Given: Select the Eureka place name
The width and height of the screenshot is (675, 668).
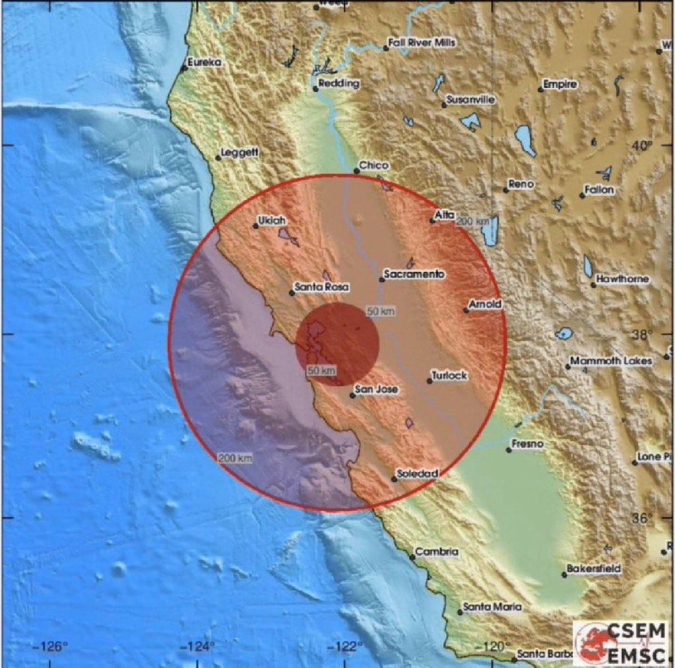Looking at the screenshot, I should pos(204,62).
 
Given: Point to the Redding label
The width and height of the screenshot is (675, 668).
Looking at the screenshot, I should pos(339,83).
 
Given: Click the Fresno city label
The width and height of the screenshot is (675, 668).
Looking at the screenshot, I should pos(528,444).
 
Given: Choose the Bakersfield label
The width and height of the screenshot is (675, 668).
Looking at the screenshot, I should pos(593,568).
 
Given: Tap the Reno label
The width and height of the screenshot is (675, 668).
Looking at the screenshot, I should pos(520,184).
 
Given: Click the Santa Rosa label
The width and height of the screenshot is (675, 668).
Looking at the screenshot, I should pos(322,287).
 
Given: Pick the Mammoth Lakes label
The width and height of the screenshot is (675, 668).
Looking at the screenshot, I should pos(611,361).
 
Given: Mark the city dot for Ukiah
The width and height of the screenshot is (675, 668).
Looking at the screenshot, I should pos(255,226).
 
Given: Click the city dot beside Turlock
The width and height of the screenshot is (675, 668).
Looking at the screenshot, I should pos(430,381).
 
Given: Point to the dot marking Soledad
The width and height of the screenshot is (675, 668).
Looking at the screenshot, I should pos(394,479).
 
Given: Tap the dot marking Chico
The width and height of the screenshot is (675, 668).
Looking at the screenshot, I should pos(356,171).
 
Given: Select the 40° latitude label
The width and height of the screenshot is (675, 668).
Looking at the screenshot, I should pos(642,146).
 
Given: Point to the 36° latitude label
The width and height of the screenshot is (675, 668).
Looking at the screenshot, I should pos(642,518).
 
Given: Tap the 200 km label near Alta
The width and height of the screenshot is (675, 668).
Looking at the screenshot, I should pos(472,222).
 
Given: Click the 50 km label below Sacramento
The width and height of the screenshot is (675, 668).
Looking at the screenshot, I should pos(381,312).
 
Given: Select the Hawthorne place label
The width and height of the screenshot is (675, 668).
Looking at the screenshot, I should pos(622,279).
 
